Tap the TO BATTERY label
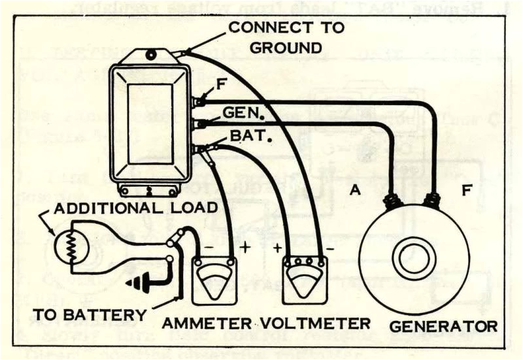click(88, 311)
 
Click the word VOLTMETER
click(325, 323)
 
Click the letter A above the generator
click(355, 190)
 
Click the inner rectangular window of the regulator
click(151, 123)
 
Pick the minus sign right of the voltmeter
click(330, 249)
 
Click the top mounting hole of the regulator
click(152, 55)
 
